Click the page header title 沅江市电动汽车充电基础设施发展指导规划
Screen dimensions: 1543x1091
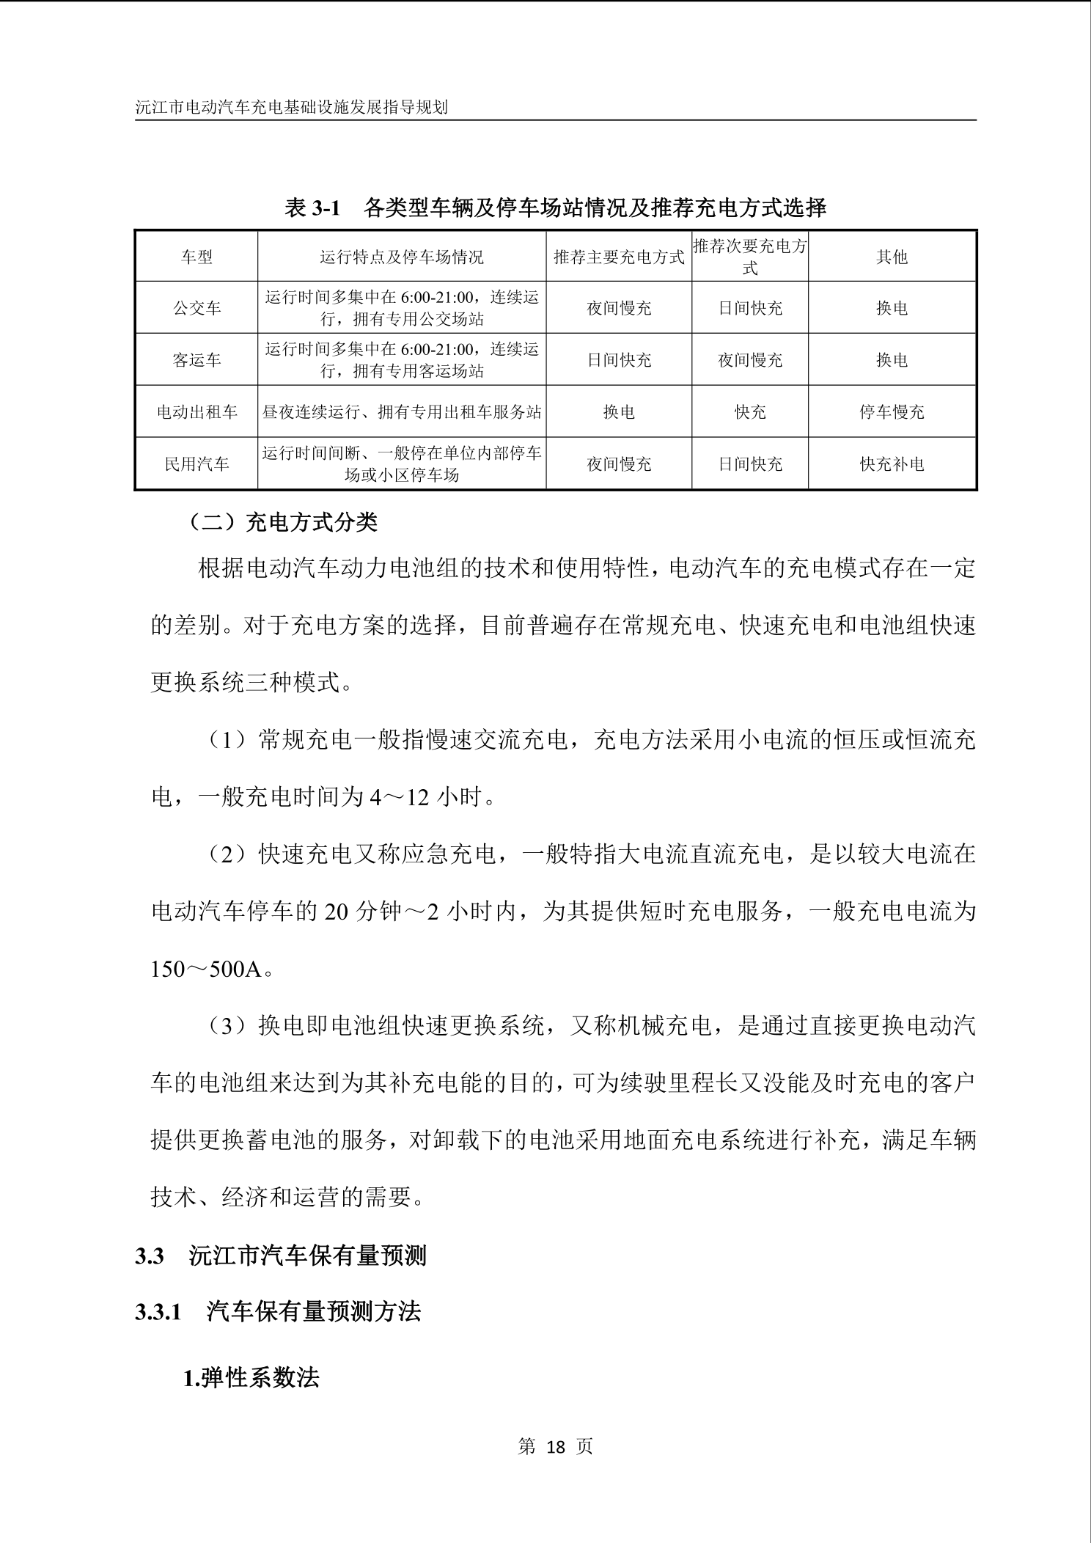pyautogui.click(x=291, y=107)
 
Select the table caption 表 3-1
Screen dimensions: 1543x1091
pyautogui.click(x=313, y=209)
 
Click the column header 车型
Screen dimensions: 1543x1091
pyautogui.click(x=196, y=257)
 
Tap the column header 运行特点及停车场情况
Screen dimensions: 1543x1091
pyautogui.click(x=401, y=257)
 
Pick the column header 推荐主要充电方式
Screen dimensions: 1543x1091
pyautogui.click(x=619, y=257)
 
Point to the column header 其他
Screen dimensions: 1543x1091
pyautogui.click(x=892, y=257)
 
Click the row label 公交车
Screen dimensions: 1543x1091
pyautogui.click(x=196, y=308)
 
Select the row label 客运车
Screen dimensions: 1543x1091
pyautogui.click(x=196, y=360)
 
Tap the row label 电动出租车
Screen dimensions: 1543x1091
pyautogui.click(x=196, y=412)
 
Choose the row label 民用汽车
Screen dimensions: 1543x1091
pyautogui.click(x=196, y=464)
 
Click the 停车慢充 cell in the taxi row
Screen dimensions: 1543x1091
pyautogui.click(x=892, y=412)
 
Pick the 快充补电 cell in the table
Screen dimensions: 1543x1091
pyautogui.click(x=892, y=464)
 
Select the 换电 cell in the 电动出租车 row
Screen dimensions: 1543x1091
pyautogui.click(x=619, y=412)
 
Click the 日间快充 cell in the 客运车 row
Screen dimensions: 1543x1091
pyautogui.click(x=619, y=360)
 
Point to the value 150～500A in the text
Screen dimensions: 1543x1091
pyautogui.click(x=206, y=970)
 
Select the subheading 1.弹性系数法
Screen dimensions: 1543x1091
pyautogui.click(x=251, y=1379)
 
